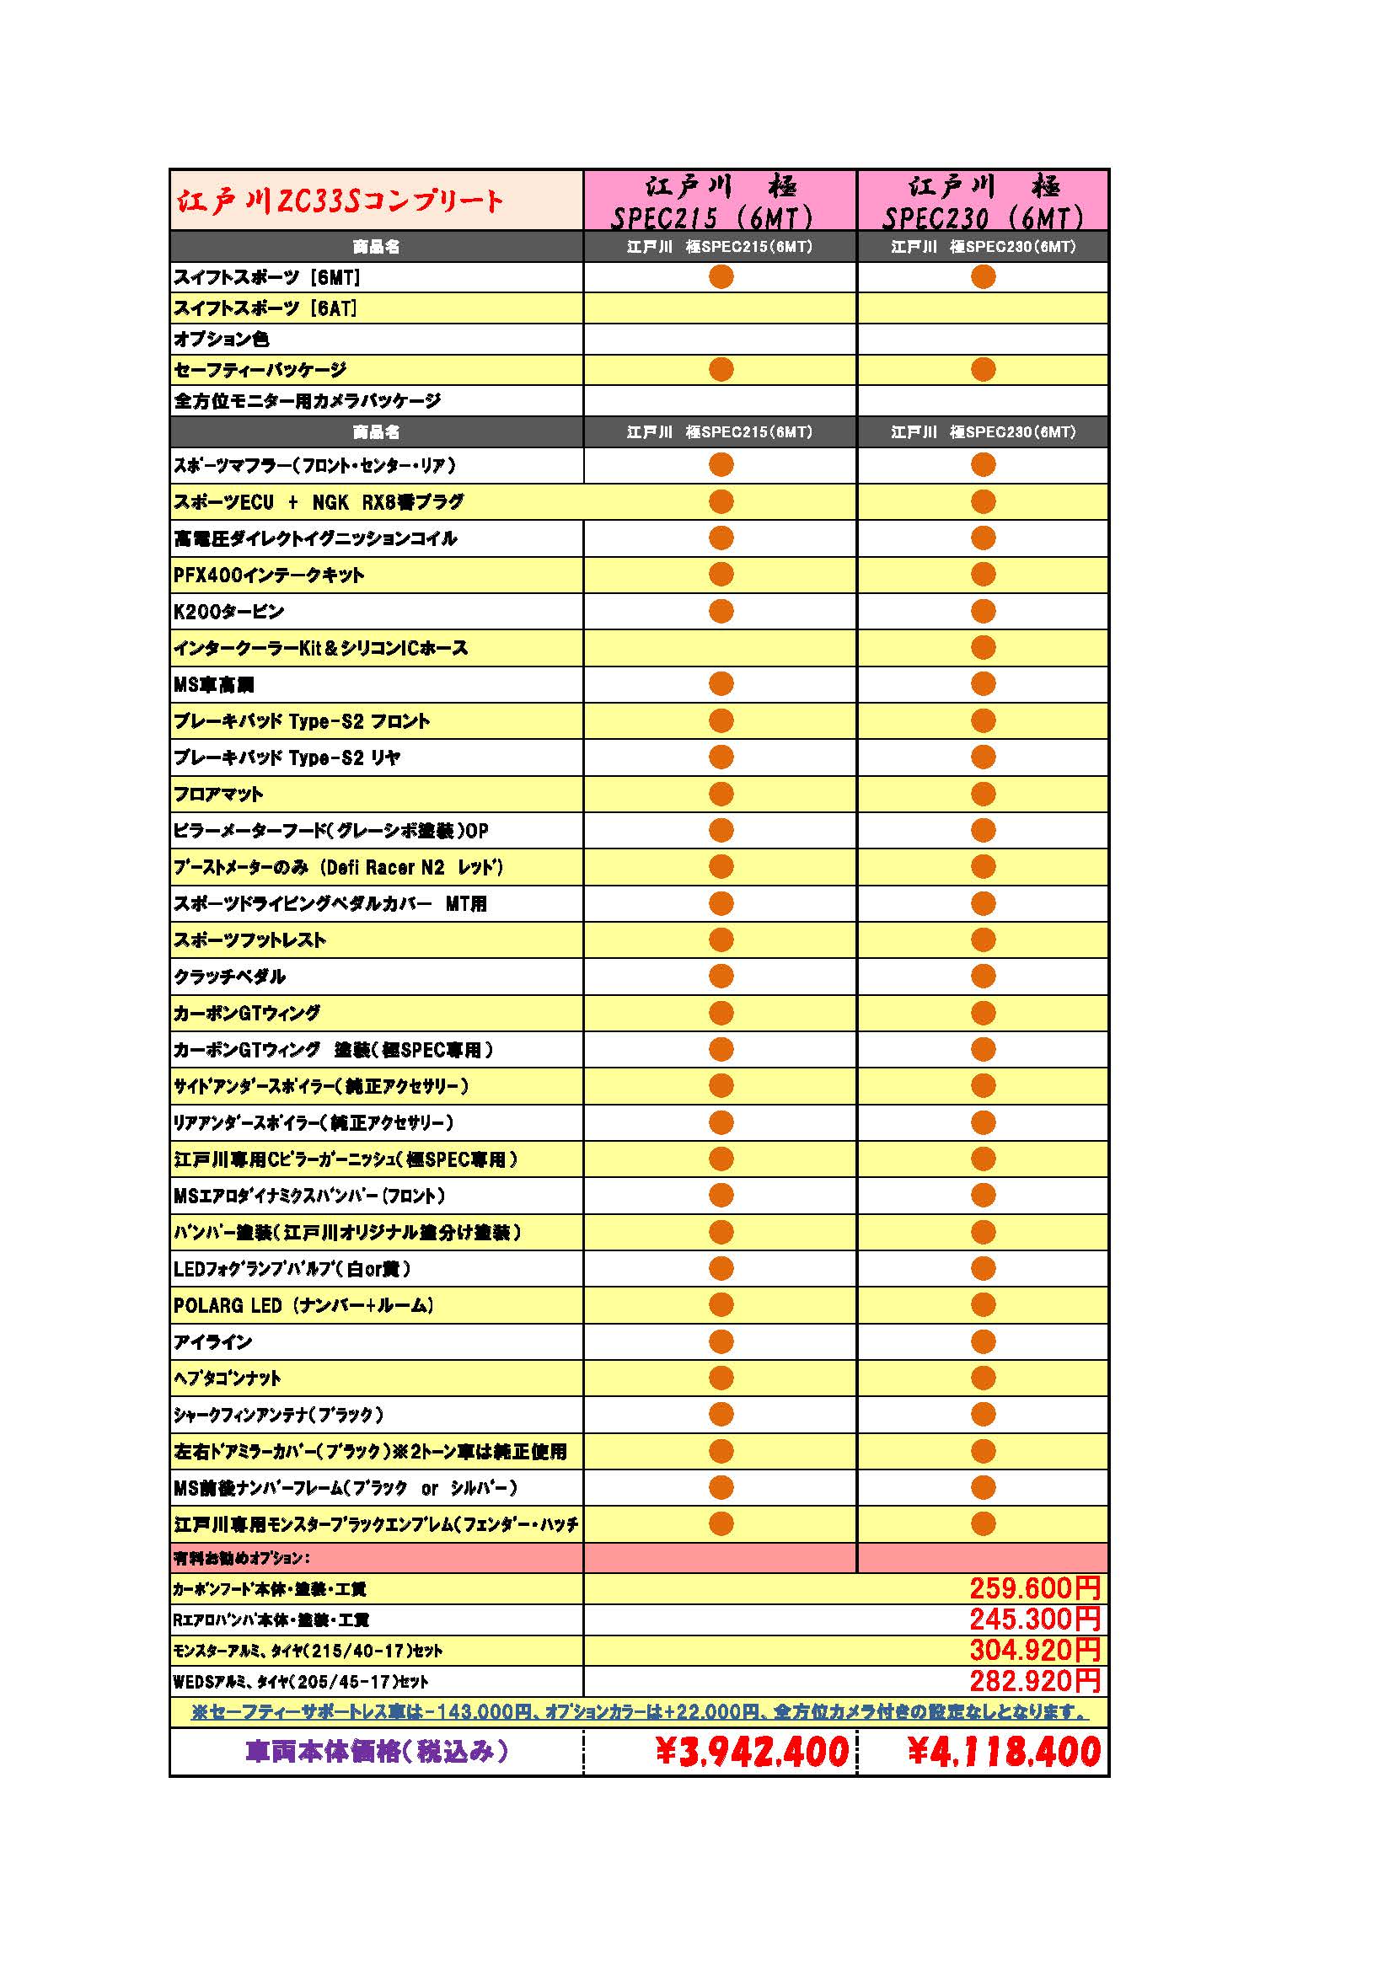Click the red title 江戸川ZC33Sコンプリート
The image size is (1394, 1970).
(340, 201)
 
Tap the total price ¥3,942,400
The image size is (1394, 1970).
(752, 1751)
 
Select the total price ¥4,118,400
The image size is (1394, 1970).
(1004, 1751)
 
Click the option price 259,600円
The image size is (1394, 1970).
(1034, 1588)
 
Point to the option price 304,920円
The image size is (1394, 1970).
(1034, 1650)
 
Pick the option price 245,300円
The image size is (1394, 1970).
(1034, 1619)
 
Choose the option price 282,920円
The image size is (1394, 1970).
(1034, 1681)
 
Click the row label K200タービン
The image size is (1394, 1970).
(228, 612)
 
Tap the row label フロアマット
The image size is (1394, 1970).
(218, 795)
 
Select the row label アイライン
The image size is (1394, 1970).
(213, 1342)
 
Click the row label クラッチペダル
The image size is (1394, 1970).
(229, 977)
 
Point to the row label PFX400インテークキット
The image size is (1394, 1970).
(269, 575)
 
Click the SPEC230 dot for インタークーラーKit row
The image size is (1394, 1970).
(983, 648)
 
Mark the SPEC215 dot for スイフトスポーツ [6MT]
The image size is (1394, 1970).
(721, 276)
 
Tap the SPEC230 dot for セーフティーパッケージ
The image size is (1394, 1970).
(983, 370)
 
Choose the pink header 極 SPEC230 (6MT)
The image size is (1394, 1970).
(983, 201)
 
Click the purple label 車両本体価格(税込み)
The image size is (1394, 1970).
(377, 1751)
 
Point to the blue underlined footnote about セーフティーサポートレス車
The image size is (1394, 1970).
(640, 1711)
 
